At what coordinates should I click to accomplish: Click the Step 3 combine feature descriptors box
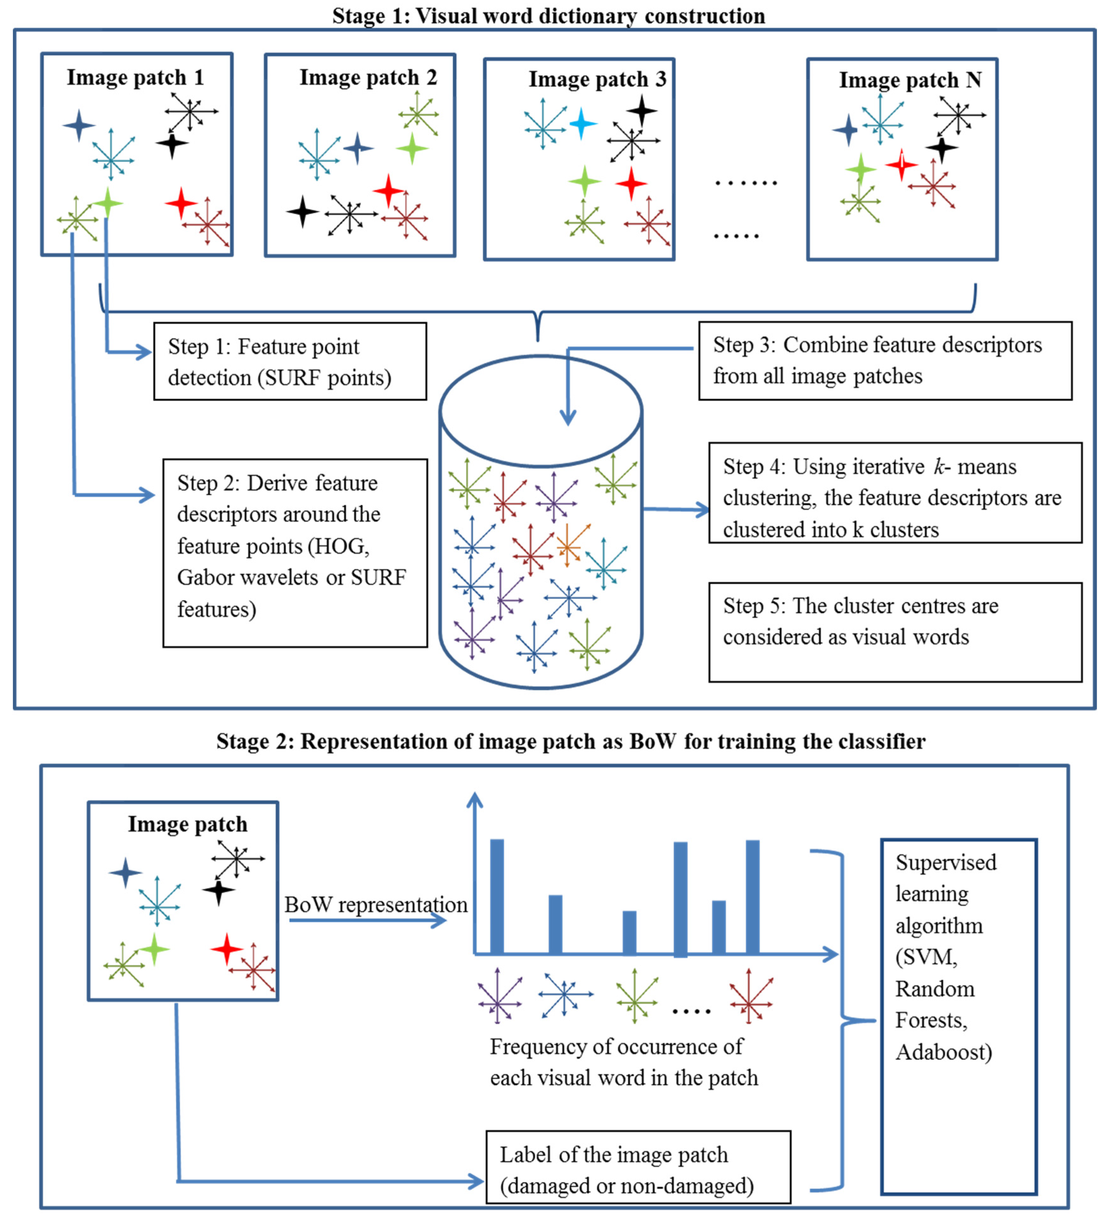click(x=885, y=361)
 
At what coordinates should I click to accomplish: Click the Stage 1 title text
click(x=549, y=16)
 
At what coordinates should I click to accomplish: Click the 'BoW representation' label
click(x=376, y=905)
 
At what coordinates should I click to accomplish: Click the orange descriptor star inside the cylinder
click(x=568, y=546)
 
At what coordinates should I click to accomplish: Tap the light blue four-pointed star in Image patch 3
click(x=582, y=123)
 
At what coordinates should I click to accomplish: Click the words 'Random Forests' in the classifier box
click(x=934, y=1004)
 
